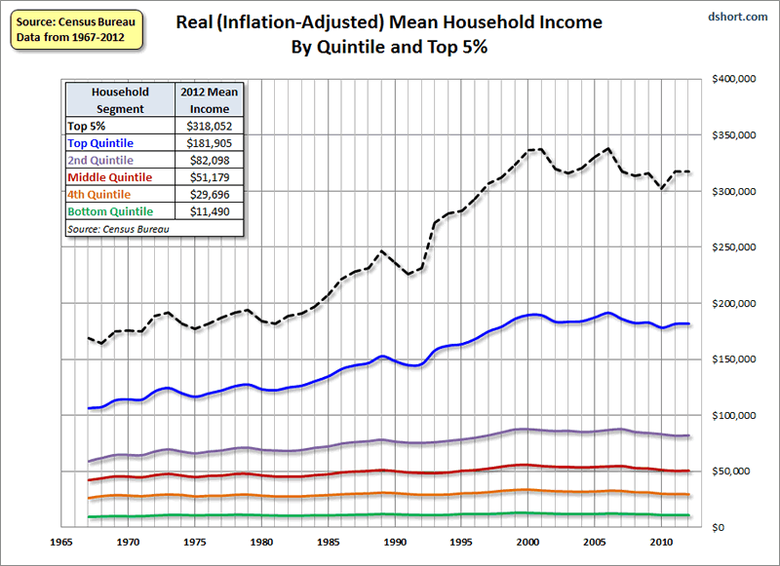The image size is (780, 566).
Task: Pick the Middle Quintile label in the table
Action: click(x=109, y=177)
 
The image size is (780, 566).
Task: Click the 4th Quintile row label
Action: click(x=101, y=194)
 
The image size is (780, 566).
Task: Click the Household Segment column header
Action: click(x=120, y=100)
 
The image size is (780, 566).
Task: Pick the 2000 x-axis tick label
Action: click(x=528, y=540)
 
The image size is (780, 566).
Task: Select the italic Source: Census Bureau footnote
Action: click(x=115, y=228)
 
